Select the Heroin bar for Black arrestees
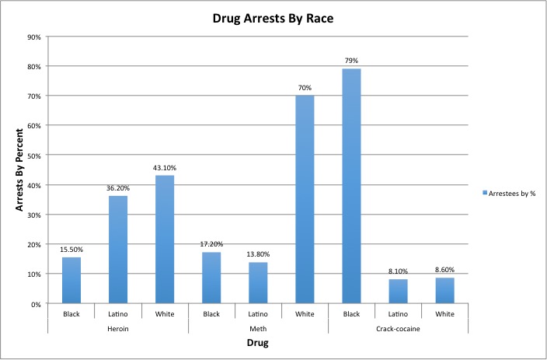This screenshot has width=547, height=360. (x=71, y=280)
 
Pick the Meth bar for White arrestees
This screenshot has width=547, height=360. (x=304, y=199)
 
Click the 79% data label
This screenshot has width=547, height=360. (x=351, y=61)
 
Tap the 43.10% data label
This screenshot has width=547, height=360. (x=165, y=167)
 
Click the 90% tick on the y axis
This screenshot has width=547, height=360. (x=34, y=37)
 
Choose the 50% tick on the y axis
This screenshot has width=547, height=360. (x=34, y=156)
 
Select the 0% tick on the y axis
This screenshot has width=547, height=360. (x=37, y=304)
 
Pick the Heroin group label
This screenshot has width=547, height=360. (x=118, y=328)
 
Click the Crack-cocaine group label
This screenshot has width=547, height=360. (x=397, y=328)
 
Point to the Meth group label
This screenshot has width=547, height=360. (x=258, y=328)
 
